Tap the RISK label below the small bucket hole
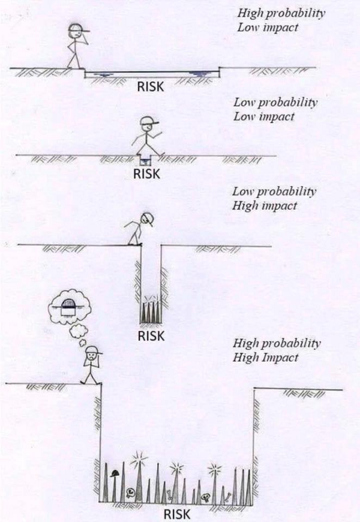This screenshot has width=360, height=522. pyautogui.click(x=146, y=175)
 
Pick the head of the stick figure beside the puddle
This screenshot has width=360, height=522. pyautogui.click(x=73, y=32)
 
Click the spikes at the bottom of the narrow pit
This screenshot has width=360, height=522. pyautogui.click(x=150, y=313)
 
